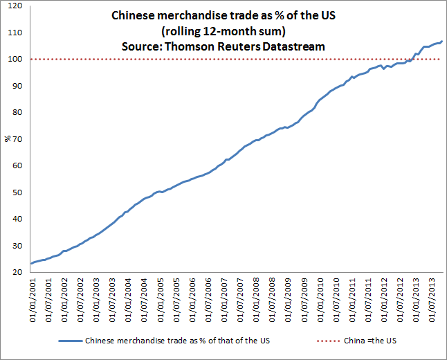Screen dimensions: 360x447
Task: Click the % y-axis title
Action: [x=8, y=139]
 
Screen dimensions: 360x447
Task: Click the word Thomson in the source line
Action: [x=190, y=46]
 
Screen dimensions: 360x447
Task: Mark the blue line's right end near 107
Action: [x=441, y=42]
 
